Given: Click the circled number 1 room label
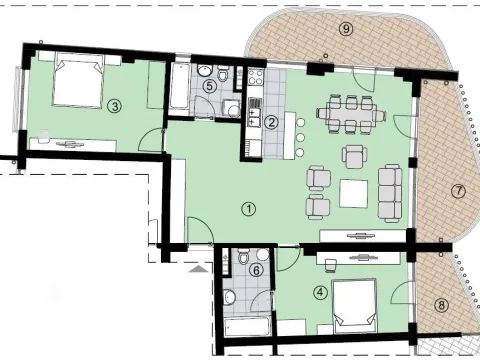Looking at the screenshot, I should [x=248, y=209].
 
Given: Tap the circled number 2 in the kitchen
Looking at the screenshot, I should [x=271, y=122].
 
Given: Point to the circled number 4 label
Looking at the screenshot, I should [x=319, y=293].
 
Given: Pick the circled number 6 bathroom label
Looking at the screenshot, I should [x=256, y=269].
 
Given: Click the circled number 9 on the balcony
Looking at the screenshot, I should [x=346, y=29].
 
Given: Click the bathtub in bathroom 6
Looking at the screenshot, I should [x=242, y=327].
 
